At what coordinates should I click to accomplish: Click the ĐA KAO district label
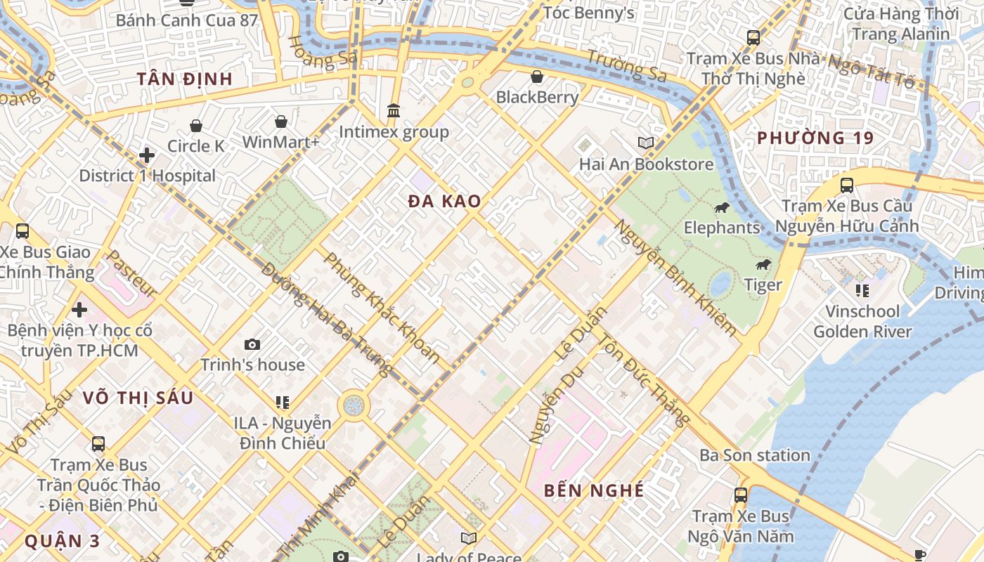pos(444,202)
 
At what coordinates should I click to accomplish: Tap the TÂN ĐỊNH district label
pos(185,79)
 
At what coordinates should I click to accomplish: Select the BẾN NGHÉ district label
pos(594,490)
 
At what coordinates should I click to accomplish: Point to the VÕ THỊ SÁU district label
pos(138,398)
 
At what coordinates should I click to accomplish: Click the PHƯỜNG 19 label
pos(815,138)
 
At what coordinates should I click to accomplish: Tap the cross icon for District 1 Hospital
pos(147,155)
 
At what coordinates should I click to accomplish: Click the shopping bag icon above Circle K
pos(196,126)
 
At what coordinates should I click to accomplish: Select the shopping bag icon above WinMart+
pos(280,122)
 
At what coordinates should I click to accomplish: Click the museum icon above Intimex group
pos(394,111)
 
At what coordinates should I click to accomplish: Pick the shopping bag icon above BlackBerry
pos(537,76)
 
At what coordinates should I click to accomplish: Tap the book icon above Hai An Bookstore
pos(645,143)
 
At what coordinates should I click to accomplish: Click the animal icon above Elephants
pos(722,207)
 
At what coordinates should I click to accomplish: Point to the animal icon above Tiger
pos(763,264)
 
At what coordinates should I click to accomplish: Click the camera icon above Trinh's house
pos(252,344)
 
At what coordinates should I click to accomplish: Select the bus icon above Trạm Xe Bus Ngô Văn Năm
pos(740,495)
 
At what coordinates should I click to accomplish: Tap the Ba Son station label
pos(754,455)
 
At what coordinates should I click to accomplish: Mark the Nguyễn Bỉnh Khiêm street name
pos(676,277)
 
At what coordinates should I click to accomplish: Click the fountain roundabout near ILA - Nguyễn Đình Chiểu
pos(354,405)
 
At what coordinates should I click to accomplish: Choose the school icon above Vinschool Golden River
pos(862,291)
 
